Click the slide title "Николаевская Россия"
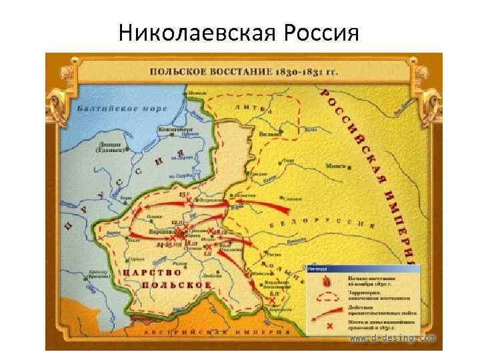(x=239, y=31)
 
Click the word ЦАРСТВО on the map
(x=147, y=273)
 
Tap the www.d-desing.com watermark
(x=393, y=339)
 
